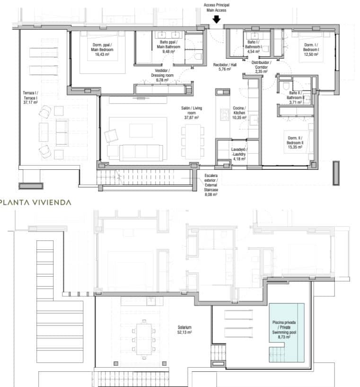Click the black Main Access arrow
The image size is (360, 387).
click(x=216, y=19)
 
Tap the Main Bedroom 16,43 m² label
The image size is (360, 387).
click(x=103, y=49)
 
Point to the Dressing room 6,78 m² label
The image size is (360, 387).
click(x=162, y=75)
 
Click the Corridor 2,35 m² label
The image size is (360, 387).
click(x=260, y=67)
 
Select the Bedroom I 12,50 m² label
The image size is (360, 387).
click(x=311, y=49)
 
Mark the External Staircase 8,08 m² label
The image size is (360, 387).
click(x=211, y=184)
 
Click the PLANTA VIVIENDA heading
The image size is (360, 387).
click(x=36, y=202)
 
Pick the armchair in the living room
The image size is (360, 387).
click(x=113, y=136)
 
